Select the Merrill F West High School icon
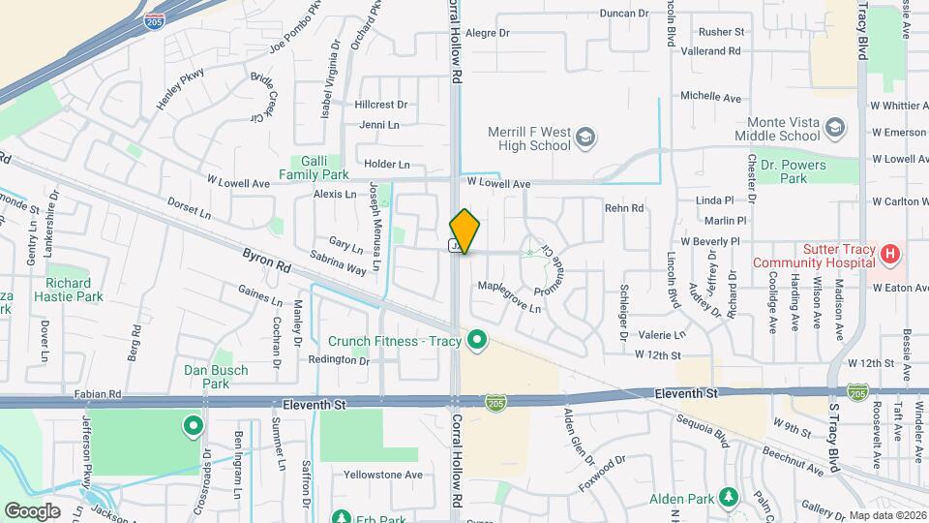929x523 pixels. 584,139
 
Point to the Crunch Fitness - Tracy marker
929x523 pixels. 475,340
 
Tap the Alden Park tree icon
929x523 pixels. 729,498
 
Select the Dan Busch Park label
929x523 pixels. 216,377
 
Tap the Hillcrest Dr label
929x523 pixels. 381,104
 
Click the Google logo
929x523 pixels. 32,511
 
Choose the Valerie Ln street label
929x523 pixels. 662,334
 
